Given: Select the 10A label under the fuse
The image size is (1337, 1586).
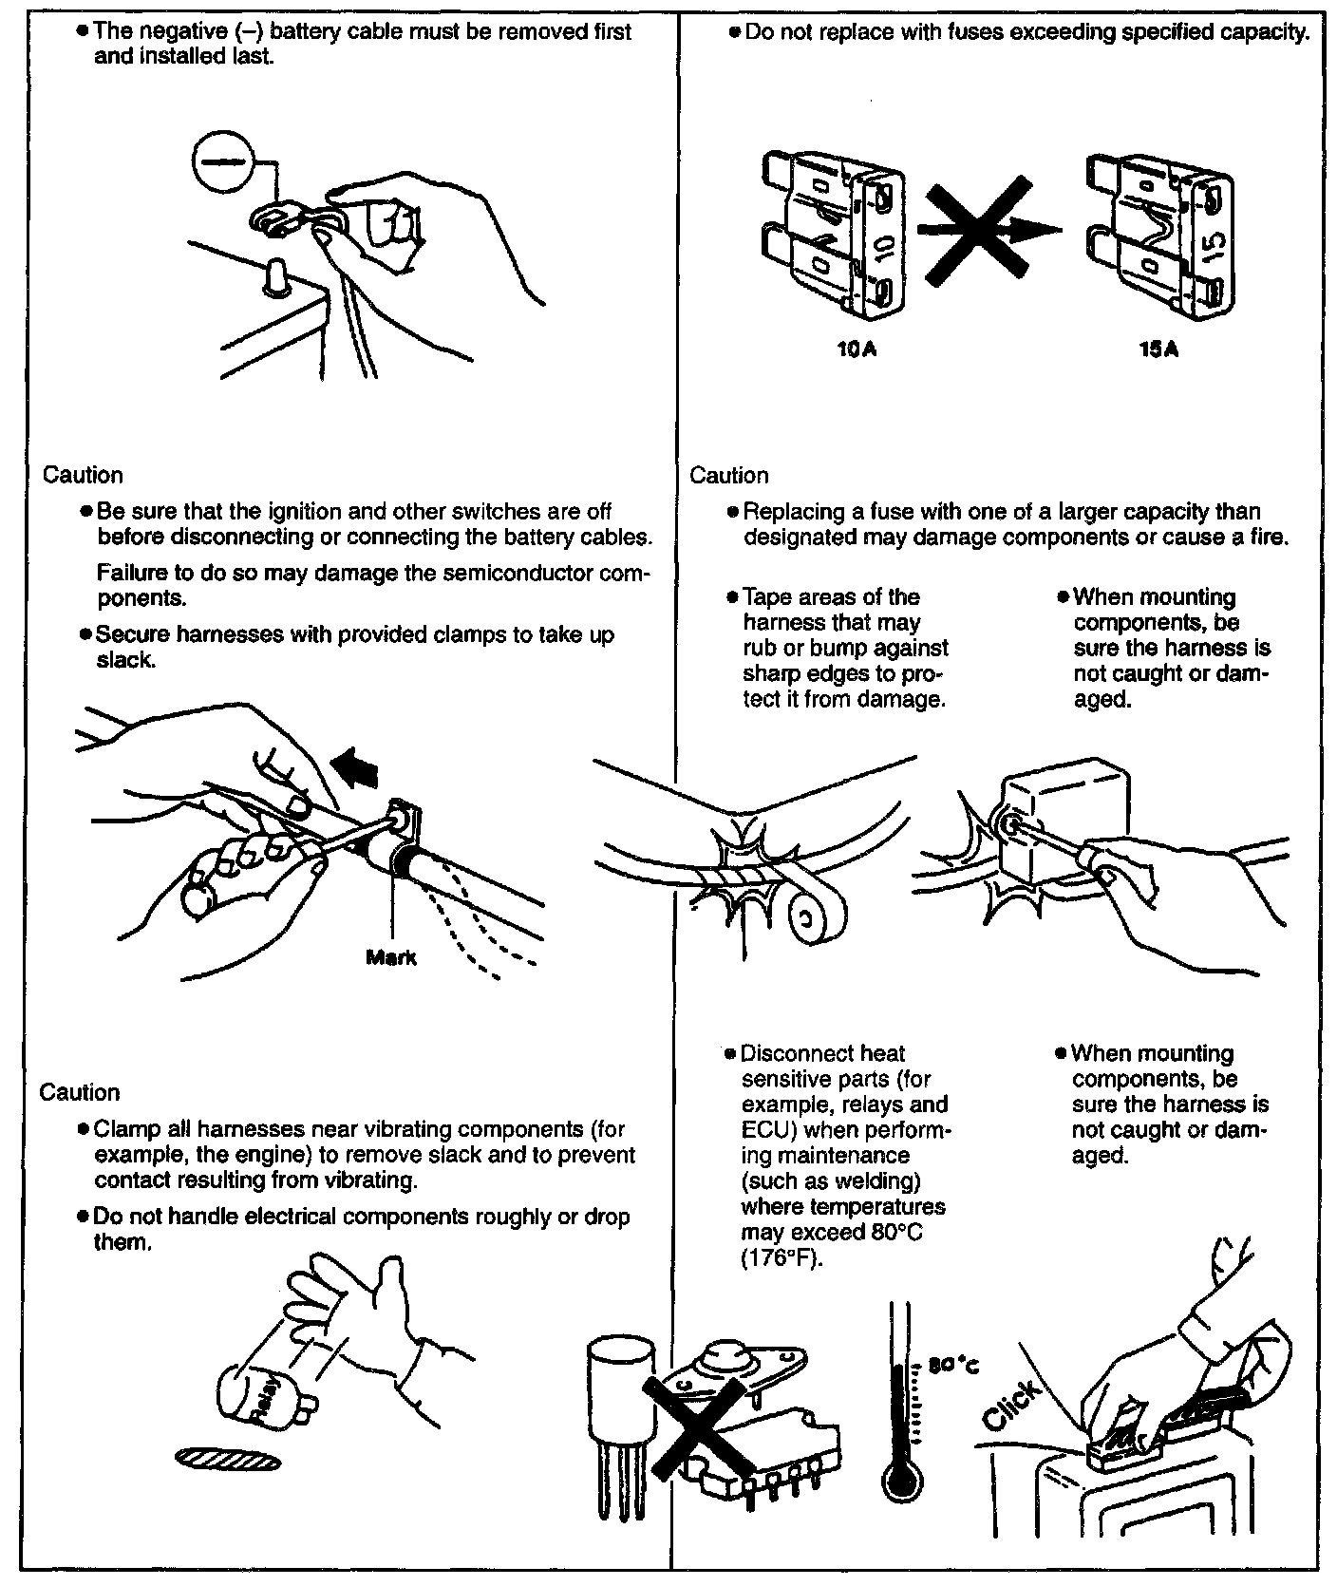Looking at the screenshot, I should (857, 349).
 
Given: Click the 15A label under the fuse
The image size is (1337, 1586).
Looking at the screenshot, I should (1159, 349).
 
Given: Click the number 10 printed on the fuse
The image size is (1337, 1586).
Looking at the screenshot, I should (882, 249).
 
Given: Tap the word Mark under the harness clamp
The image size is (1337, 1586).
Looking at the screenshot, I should (390, 958).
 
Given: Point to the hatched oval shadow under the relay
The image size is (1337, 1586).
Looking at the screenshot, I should (228, 1459).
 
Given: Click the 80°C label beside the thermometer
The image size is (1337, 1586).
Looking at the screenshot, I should (952, 1367).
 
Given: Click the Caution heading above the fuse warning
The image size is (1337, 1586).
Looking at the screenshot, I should (728, 475).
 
